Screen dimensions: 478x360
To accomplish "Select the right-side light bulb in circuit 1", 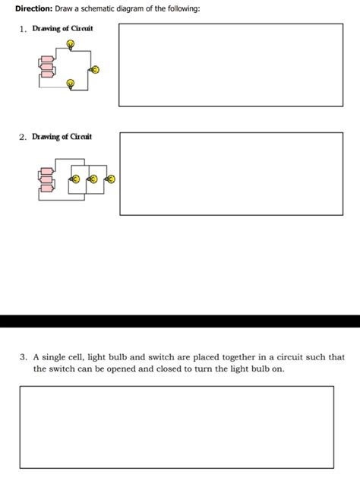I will (95, 70).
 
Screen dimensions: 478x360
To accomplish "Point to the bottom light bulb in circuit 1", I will (71, 84).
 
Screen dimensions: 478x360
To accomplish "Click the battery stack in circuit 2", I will (46, 179).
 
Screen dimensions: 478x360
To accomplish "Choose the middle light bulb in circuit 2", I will (93, 179).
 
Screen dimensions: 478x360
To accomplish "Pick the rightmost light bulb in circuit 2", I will (111, 179).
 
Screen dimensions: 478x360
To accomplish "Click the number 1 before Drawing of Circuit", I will (23, 29).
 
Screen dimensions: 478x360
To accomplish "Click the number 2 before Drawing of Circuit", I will (23, 137).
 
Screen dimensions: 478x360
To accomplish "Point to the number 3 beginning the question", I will (24, 356).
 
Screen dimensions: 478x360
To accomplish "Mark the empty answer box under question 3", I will (176, 426).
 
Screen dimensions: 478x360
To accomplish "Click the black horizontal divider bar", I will (180, 321).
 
